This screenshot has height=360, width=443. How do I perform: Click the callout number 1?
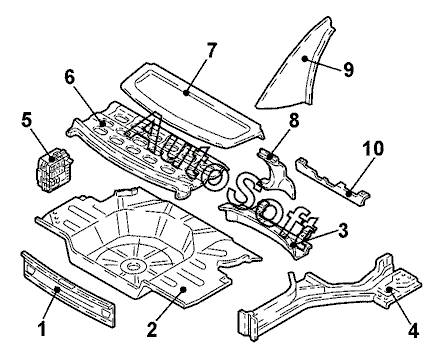pos(42,327)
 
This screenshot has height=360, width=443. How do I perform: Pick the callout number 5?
pos(27,121)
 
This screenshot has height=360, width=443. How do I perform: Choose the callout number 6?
pos(70,78)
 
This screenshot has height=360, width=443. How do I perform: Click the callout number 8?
pos(294,121)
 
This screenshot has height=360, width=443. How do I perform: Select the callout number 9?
pos(348,70)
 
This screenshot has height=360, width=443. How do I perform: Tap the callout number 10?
pos(373,149)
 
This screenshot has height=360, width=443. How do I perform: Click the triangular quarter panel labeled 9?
pos(297,67)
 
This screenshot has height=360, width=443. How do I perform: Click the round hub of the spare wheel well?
pos(134,266)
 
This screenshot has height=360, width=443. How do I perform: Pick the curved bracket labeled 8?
pos(277,172)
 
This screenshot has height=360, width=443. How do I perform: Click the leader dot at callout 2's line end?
pos(183,289)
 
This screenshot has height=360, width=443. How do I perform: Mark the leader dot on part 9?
pos(304,58)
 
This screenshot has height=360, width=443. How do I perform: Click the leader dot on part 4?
pos(389,289)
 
